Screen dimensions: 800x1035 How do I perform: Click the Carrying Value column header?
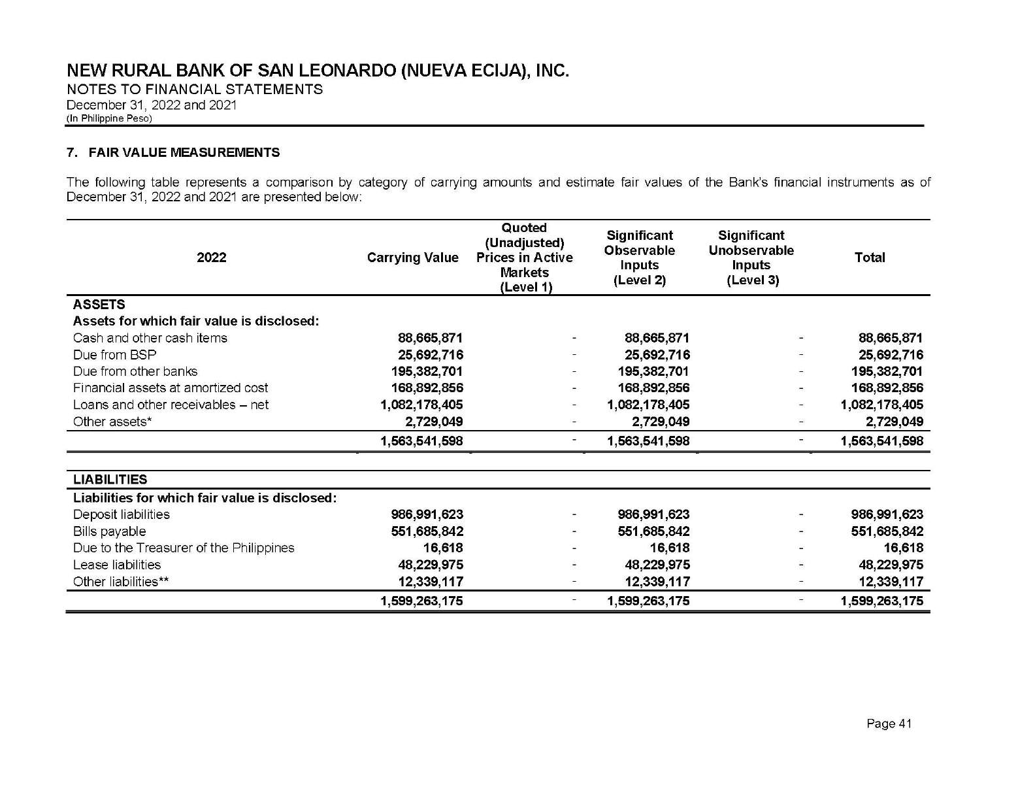pyautogui.click(x=412, y=258)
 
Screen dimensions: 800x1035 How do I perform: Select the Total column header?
pyautogui.click(x=869, y=258)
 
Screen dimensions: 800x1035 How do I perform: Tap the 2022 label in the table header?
pyautogui.click(x=212, y=258)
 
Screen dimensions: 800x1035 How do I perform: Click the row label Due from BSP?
pyautogui.click(x=115, y=355)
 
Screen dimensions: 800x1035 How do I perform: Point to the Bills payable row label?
pyautogui.click(x=110, y=531)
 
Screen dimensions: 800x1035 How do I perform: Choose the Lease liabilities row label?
pyautogui.click(x=117, y=565)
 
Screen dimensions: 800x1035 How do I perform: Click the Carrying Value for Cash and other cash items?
pyautogui.click(x=430, y=338)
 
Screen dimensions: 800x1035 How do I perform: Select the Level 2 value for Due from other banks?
pyautogui.click(x=653, y=371)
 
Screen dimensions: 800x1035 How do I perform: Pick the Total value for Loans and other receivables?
pyautogui.click(x=881, y=405)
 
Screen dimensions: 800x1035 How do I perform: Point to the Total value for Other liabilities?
pyautogui.click(x=891, y=582)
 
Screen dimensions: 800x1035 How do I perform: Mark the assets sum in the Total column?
pyautogui.click(x=881, y=441)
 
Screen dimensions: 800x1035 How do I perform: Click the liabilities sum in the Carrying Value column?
pyautogui.click(x=421, y=601)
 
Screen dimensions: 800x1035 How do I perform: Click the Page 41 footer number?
pyautogui.click(x=889, y=724)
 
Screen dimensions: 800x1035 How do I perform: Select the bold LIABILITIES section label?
pyautogui.click(x=110, y=480)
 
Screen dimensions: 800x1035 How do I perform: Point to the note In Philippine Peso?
pyautogui.click(x=109, y=118)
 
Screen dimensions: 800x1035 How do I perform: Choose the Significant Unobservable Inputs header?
pyautogui.click(x=751, y=258)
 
